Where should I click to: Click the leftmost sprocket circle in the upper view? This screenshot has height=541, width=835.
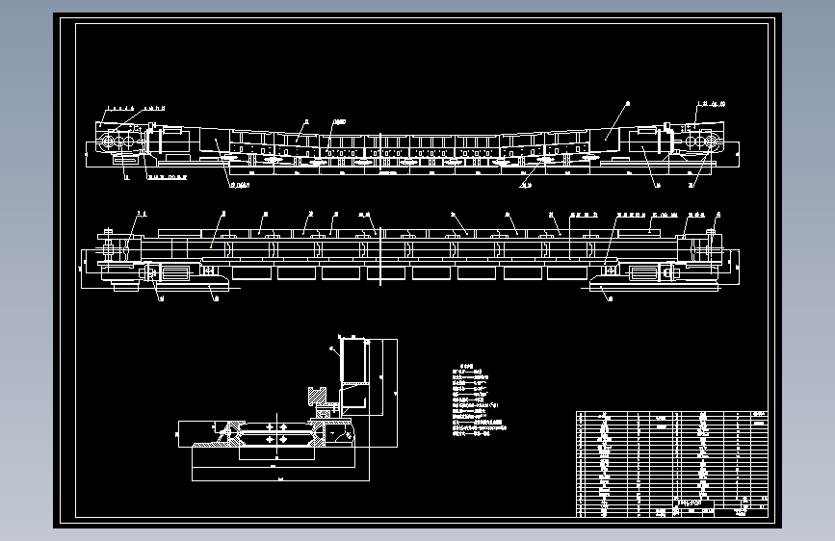107,142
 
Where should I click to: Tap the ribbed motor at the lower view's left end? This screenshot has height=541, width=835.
173,273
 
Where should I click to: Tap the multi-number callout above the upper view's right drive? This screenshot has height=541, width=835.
712,102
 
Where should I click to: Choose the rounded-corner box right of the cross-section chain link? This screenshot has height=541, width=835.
340,433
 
